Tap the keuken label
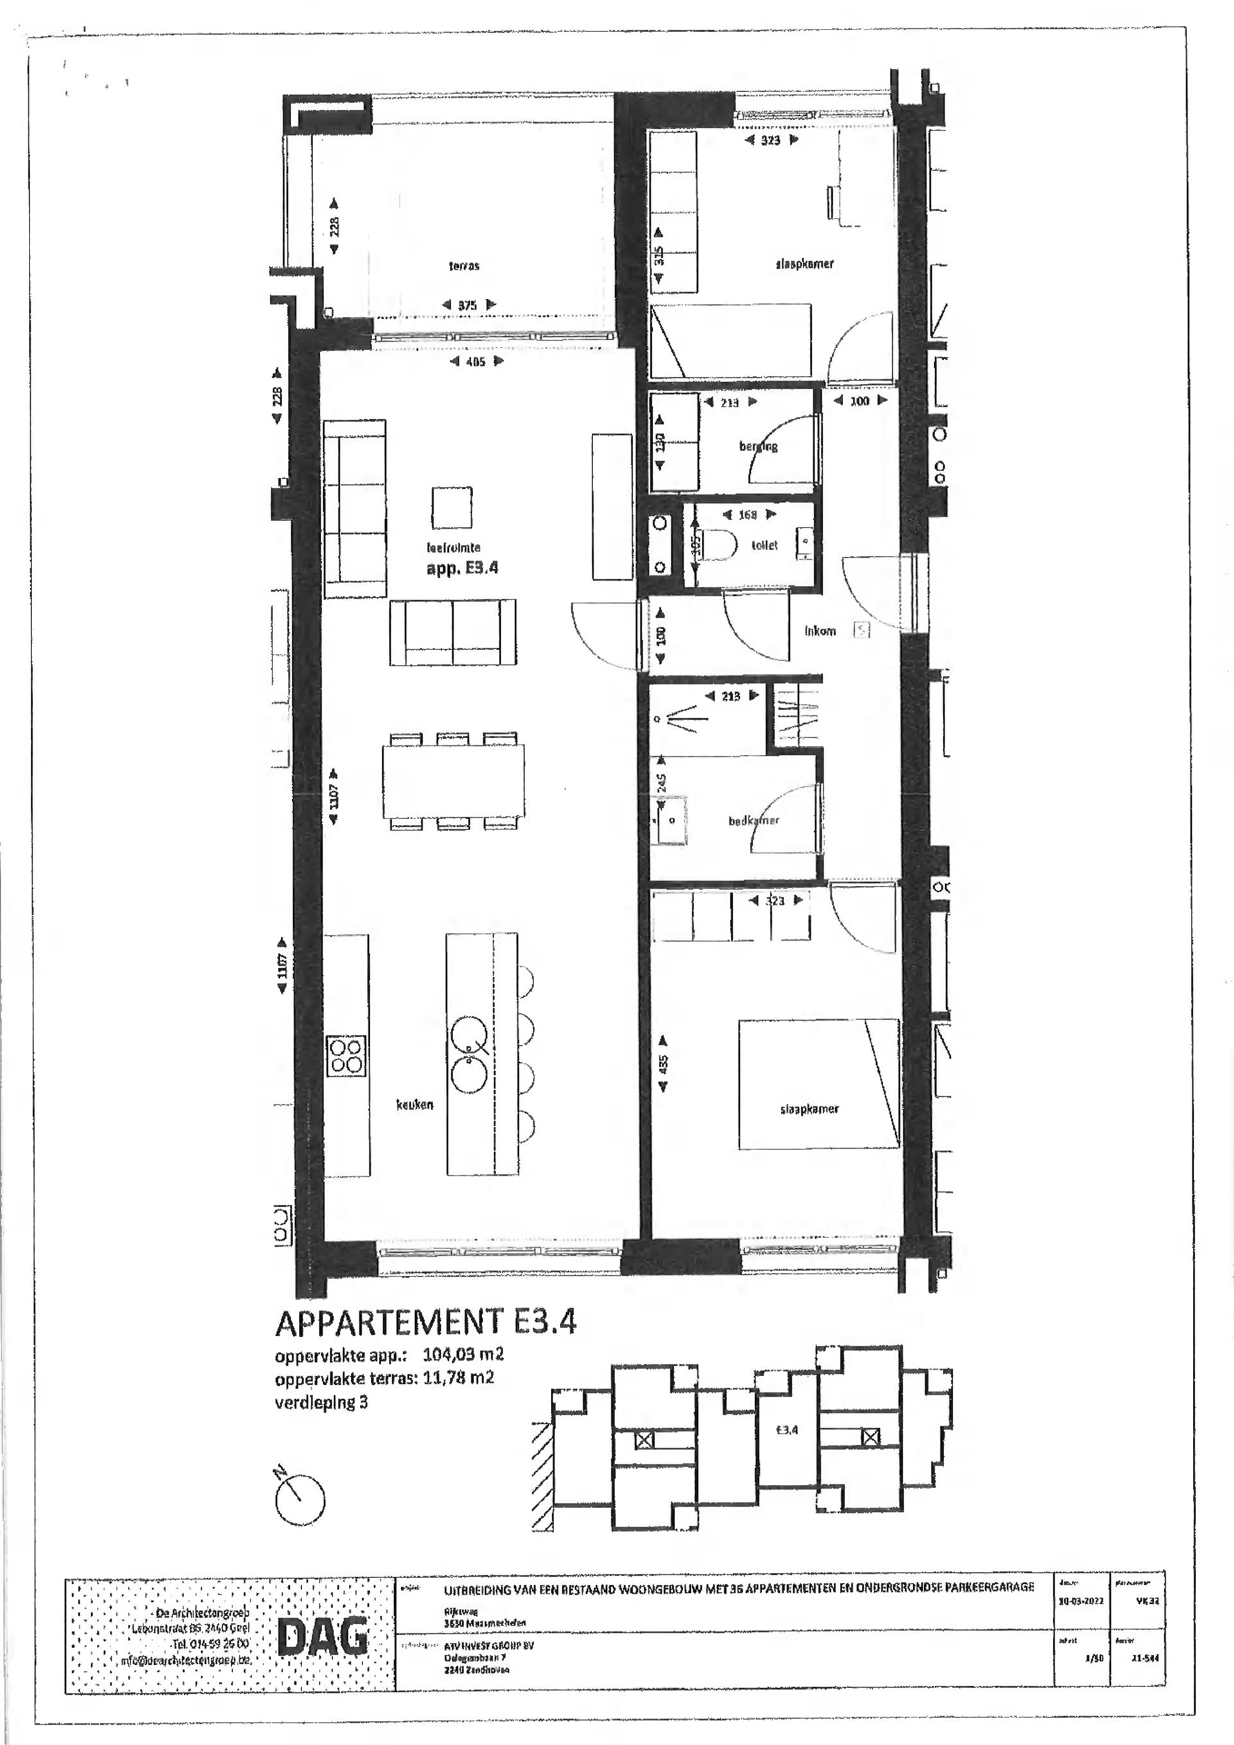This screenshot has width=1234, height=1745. click(x=415, y=1104)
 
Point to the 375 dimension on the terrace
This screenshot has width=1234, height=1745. click(x=467, y=305)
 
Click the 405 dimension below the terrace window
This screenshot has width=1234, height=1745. click(x=475, y=362)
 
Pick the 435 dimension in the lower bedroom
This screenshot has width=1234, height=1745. click(x=663, y=1063)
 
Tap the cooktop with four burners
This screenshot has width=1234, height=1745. click(x=346, y=1056)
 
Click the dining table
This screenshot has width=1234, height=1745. click(x=454, y=781)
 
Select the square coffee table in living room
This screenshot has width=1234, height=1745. click(x=452, y=507)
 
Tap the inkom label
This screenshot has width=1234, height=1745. click(x=819, y=630)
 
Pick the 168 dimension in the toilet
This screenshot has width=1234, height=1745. click(x=747, y=515)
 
